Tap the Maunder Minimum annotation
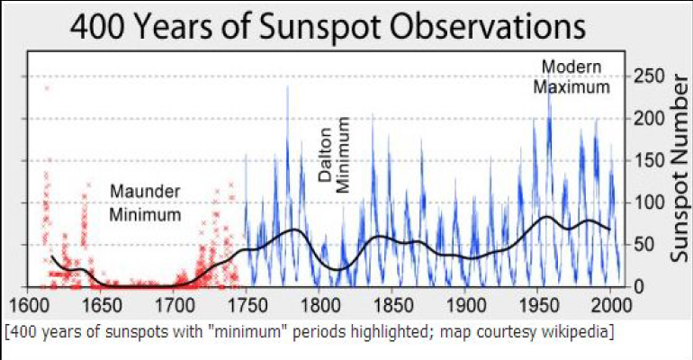[145, 203]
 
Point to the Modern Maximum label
[571, 77]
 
